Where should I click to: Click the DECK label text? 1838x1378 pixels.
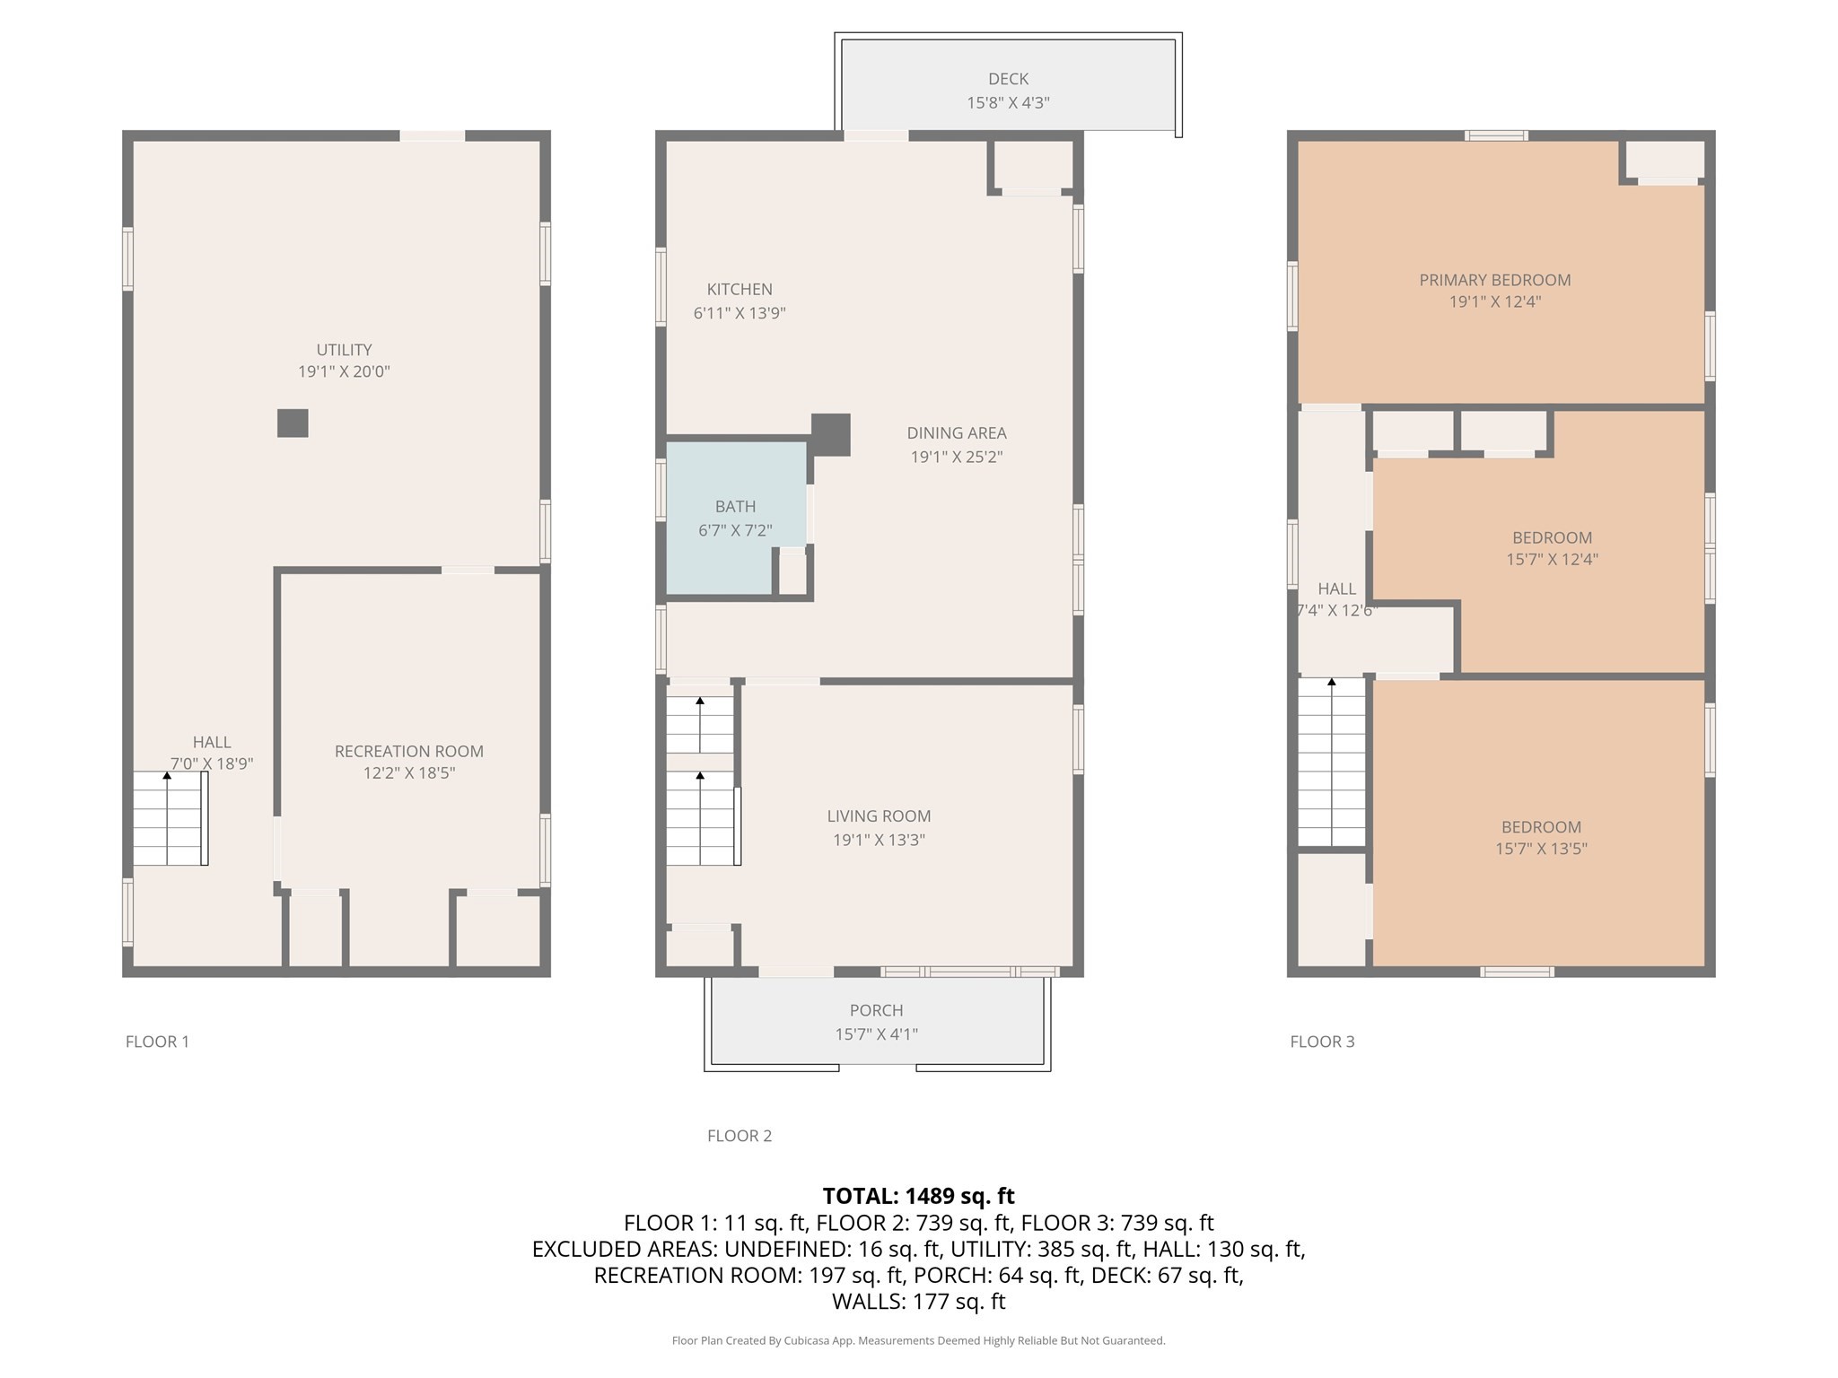(1008, 79)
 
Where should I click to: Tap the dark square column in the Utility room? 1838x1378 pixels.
(293, 423)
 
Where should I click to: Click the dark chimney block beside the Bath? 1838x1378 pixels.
(830, 434)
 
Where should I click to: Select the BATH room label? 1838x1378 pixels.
(735, 507)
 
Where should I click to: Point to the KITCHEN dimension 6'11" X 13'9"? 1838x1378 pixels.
(740, 313)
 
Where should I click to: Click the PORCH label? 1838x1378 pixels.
(876, 1010)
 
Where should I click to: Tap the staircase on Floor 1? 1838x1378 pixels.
(170, 818)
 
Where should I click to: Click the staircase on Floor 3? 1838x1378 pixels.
(1332, 763)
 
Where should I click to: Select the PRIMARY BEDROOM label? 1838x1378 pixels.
(1494, 280)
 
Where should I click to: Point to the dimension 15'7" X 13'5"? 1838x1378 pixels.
(1541, 849)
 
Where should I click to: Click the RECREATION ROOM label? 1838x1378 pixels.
(408, 751)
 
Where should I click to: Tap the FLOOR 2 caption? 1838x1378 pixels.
(739, 1136)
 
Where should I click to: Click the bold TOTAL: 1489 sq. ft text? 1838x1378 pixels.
(918, 1196)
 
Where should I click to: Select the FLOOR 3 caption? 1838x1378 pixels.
(1322, 1042)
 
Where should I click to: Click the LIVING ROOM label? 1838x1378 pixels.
(879, 816)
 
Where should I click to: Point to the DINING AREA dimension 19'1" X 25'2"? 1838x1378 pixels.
(957, 457)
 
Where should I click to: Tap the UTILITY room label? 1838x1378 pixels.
(344, 350)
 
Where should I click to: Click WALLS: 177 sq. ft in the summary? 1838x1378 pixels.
(918, 1301)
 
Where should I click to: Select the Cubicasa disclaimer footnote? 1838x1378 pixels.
(918, 1340)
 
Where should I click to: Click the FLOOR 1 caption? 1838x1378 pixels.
(157, 1042)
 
